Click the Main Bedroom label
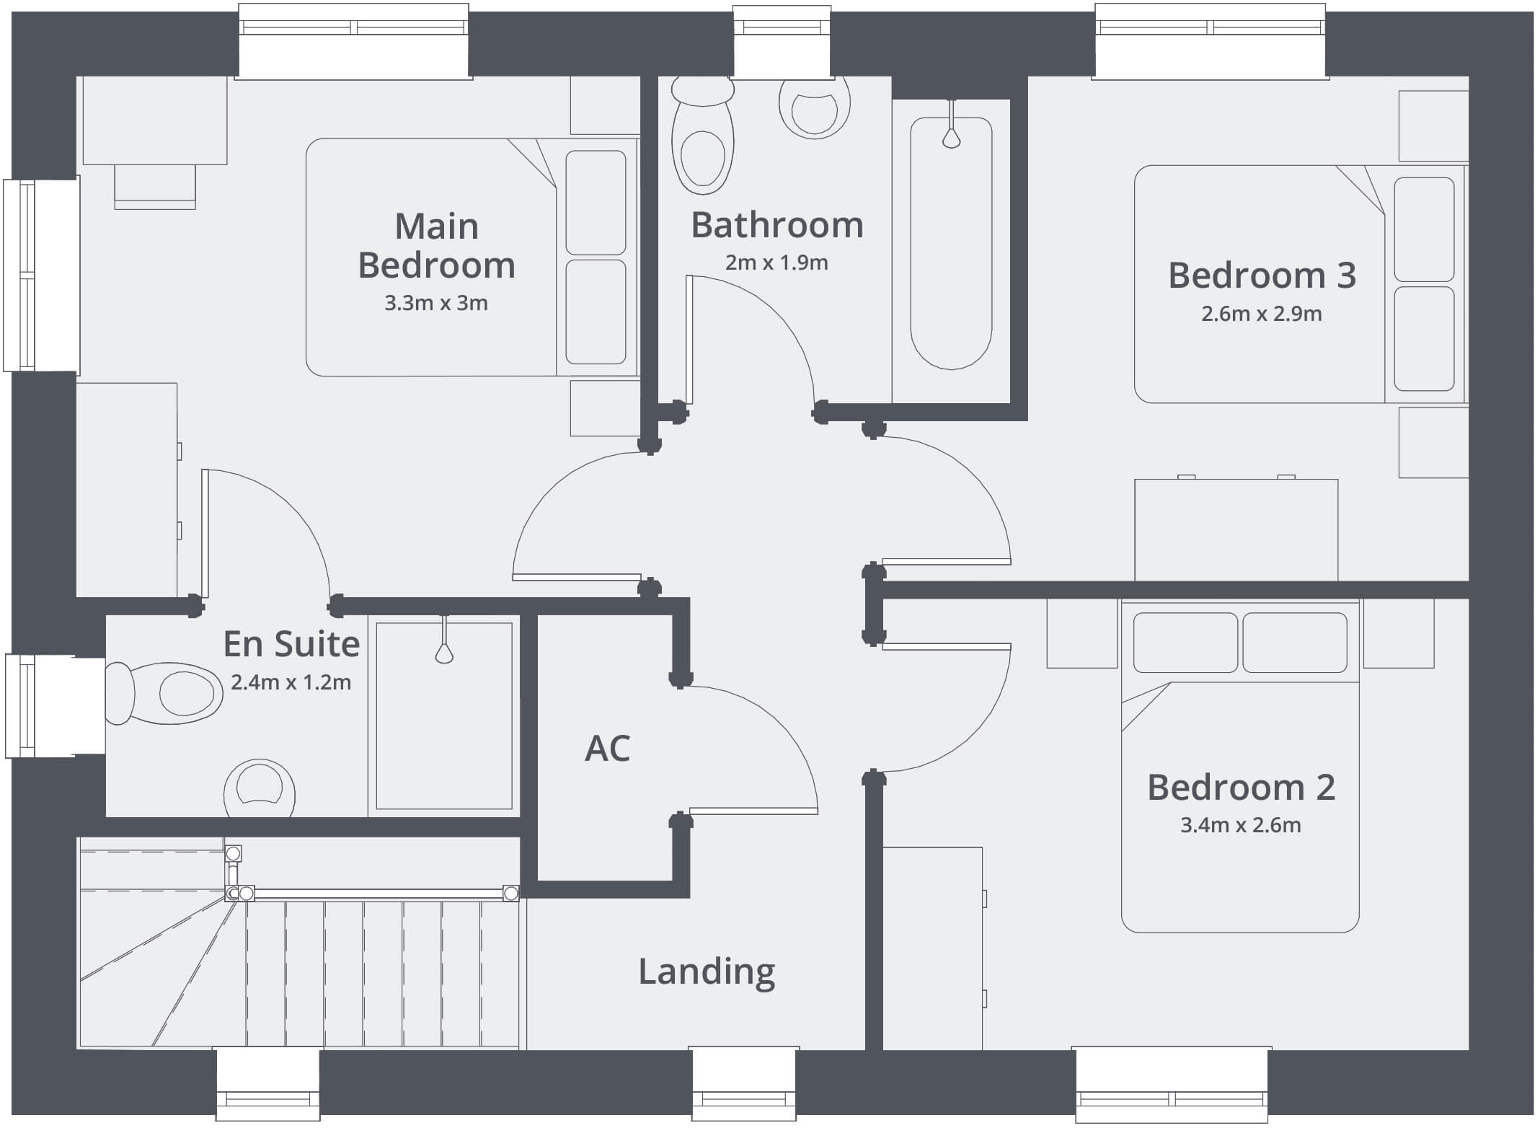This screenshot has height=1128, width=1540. coord(436,245)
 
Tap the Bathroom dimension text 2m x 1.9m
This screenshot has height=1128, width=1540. coord(776,263)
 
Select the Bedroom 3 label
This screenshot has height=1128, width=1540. coord(1262,275)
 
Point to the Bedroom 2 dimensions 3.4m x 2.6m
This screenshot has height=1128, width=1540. coord(1240,824)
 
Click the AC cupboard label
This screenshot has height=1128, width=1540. coord(607,748)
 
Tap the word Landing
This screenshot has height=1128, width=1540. coord(707,972)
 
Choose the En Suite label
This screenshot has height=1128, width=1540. coord(291,644)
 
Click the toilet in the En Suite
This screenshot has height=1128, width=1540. coord(164,693)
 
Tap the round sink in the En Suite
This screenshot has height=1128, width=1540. coord(259,788)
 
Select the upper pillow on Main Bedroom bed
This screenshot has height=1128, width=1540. coord(596,202)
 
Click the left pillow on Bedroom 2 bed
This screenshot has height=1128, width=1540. coord(1185,643)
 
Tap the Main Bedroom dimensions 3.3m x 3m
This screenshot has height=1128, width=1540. coord(436,303)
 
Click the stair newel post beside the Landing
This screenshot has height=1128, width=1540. coord(511,894)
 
